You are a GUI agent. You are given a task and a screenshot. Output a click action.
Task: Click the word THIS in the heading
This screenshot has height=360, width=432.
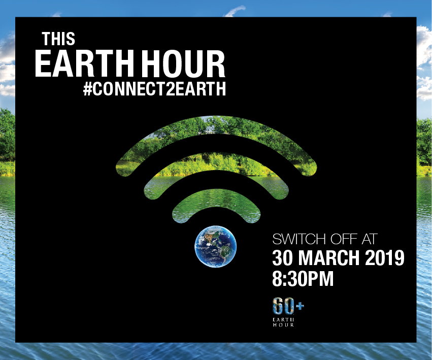click(x=58, y=39)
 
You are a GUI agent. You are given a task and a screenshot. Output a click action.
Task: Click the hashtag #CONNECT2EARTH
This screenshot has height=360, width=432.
click(x=154, y=89)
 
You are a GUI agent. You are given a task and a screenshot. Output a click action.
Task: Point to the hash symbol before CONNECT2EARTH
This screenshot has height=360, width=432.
click(x=87, y=89)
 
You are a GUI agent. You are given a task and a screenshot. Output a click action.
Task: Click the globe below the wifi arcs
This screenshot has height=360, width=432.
click(x=215, y=246)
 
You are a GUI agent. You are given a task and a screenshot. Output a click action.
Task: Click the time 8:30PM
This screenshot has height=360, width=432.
click(x=303, y=279)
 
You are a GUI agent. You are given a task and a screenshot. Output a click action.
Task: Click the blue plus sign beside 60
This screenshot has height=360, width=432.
click(x=300, y=306)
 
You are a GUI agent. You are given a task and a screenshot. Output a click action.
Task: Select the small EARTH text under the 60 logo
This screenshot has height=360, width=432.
click(x=283, y=320)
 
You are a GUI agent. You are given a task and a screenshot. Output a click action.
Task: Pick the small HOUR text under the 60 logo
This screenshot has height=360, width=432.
click(x=283, y=325)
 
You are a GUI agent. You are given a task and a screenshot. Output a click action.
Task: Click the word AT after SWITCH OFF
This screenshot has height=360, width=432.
click(x=369, y=239)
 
